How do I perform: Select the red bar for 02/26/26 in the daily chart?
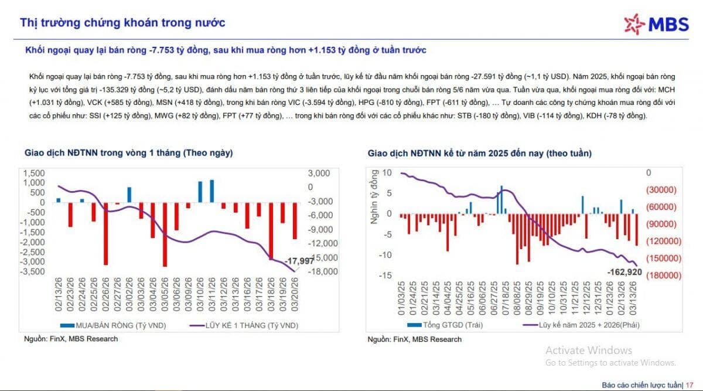pos(105,233)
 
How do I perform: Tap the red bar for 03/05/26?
pos(165,234)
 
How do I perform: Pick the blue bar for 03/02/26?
pos(129,195)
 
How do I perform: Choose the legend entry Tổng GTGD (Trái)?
pos(446,324)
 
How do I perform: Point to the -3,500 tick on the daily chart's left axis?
pos(35,271)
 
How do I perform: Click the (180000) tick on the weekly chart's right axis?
pos(661,275)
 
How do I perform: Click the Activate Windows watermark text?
pos(588,351)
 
